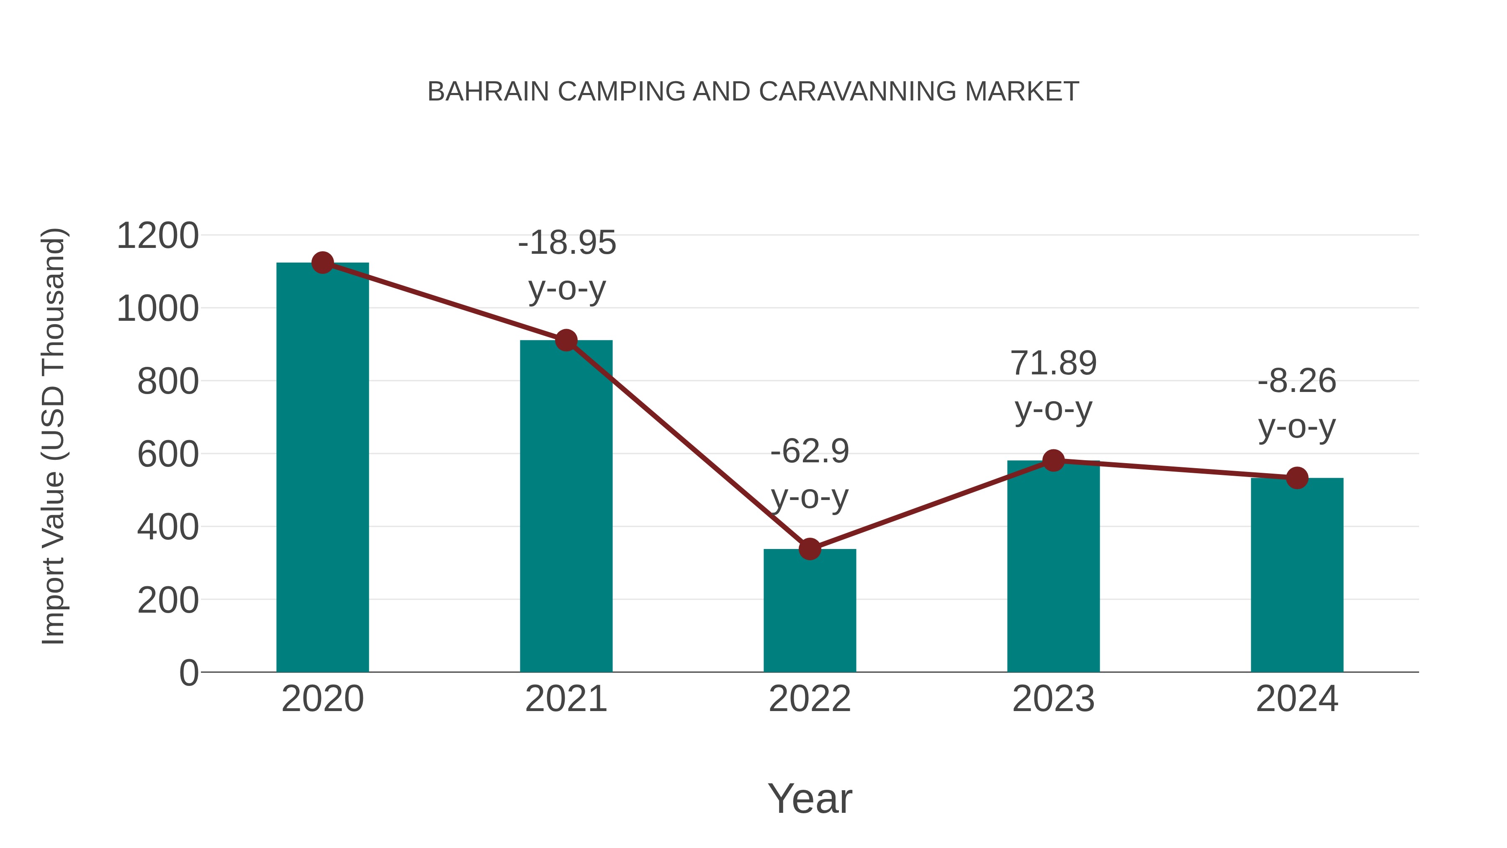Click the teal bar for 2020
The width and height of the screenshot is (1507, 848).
coord(322,468)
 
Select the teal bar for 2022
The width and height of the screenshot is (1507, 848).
coord(810,611)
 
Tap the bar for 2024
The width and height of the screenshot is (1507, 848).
coord(1297,577)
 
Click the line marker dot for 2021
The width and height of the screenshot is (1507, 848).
coord(566,340)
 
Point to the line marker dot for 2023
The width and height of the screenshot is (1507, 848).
coord(1053,461)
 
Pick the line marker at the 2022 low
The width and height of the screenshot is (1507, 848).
coord(810,549)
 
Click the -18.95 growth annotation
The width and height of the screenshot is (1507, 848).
coord(567,243)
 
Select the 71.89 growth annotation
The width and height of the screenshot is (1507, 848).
coord(1053,363)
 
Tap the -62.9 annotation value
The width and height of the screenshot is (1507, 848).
coord(810,452)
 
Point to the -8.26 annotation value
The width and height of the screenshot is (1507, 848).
coord(1297,381)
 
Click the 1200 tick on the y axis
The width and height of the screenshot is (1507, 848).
coord(158,237)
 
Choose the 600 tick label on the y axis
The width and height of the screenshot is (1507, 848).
coord(168,455)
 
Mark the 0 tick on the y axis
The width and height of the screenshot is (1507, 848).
coord(188,673)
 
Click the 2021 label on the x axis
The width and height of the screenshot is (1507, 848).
coord(566,699)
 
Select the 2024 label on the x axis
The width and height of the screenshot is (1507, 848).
coord(1297,699)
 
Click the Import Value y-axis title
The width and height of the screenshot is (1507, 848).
coord(53,436)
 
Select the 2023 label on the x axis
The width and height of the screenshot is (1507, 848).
coord(1053,699)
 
